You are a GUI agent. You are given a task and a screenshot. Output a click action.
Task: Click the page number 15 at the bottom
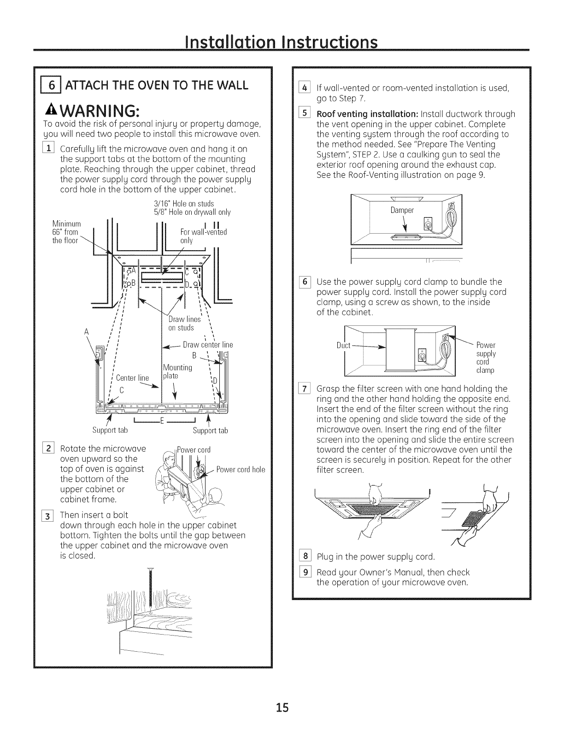click(282, 707)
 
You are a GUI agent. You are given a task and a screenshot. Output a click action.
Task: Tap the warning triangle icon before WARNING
click(47, 111)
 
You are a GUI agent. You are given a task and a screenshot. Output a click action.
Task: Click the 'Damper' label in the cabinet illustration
click(402, 210)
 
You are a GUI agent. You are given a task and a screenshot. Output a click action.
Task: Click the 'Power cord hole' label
click(241, 470)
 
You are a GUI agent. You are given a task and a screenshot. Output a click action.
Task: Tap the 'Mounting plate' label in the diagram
click(177, 371)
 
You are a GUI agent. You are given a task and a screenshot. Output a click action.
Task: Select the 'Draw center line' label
click(207, 345)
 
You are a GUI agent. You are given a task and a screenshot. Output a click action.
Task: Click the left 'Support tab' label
click(110, 430)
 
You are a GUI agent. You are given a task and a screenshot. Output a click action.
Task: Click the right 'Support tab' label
click(210, 430)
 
